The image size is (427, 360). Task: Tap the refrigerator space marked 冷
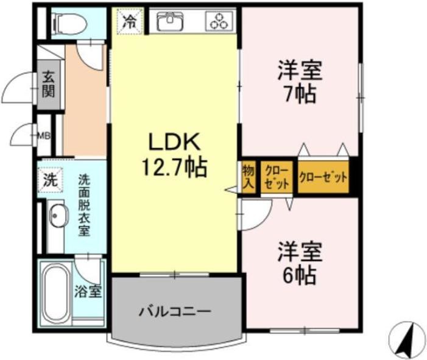[x=130, y=21]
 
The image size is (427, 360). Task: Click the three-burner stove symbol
[x=219, y=21]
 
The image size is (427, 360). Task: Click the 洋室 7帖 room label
[x=300, y=82]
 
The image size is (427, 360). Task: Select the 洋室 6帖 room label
[x=300, y=263]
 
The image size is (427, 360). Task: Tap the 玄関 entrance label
[x=49, y=85]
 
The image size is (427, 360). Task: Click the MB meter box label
[x=44, y=135]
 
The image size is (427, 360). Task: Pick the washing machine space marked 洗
[x=51, y=180]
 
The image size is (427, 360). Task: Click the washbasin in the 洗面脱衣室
[x=58, y=216]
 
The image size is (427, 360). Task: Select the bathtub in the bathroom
[x=57, y=293]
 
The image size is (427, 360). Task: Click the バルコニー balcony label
[x=175, y=311]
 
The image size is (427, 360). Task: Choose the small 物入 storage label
[x=248, y=177]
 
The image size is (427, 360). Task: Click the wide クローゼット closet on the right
[x=323, y=177]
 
